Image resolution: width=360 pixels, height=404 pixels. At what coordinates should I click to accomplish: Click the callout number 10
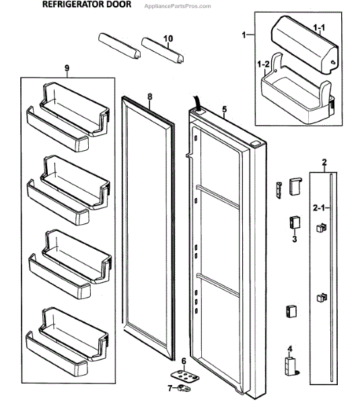pos(168,38)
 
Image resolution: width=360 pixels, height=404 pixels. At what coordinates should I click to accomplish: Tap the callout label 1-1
pos(319,28)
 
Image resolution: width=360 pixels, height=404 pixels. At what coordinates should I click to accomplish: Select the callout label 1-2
pos(263,64)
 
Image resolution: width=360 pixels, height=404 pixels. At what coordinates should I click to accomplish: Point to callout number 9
pos(67,68)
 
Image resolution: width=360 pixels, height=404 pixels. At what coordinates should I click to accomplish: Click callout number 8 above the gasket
pos(149,96)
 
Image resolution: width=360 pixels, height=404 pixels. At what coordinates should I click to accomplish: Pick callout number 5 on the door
pos(225,109)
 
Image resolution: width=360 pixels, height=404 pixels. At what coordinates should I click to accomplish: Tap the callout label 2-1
pos(319,207)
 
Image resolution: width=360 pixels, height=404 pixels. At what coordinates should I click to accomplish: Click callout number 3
pos(294,239)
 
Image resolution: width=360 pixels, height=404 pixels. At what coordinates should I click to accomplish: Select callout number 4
pos(290,349)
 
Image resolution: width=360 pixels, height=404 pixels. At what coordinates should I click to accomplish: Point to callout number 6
pos(183,361)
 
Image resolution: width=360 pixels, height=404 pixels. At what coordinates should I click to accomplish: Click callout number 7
pos(170,388)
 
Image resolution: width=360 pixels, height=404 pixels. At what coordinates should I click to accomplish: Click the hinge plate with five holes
pos(184,375)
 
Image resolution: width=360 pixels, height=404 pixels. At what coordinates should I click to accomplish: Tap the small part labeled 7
pos(183,388)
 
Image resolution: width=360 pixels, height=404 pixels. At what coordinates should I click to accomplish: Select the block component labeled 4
pos(291,366)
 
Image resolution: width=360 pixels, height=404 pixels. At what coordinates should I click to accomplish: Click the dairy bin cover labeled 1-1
pos(305,45)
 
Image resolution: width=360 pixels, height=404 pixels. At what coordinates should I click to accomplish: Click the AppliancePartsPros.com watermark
pos(178,6)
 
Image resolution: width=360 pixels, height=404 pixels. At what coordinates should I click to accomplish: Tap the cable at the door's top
pos(198,103)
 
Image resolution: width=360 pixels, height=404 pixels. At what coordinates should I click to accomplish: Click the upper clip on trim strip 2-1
pos(321,228)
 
